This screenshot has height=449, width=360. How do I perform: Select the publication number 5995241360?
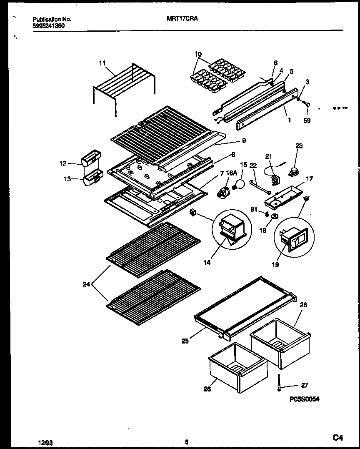point(48,25)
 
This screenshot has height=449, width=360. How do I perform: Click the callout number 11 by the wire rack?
point(102,63)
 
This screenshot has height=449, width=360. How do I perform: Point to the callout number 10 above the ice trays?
point(198,54)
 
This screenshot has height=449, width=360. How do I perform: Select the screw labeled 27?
point(278,383)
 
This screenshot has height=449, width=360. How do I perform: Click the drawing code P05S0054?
point(305,399)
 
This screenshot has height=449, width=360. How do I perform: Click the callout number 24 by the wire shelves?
point(87,285)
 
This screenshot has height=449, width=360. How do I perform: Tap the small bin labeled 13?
point(92,179)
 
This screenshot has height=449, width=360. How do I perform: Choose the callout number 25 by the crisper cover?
point(185,341)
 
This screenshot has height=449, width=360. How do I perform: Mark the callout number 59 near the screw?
point(307,122)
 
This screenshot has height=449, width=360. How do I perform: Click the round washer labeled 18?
point(275,216)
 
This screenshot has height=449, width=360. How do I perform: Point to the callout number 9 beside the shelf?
point(244,141)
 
